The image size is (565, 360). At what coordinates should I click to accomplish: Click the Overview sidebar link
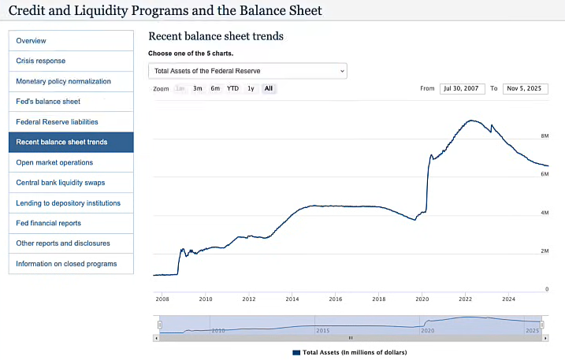tap(31, 41)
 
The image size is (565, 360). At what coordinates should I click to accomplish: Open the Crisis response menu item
tap(41, 61)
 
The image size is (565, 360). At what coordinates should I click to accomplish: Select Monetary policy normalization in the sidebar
tap(63, 81)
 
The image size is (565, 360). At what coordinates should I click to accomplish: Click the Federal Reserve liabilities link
tap(57, 122)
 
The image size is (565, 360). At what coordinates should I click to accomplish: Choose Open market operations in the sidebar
tap(54, 162)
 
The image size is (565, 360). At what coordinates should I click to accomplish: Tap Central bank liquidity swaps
tap(60, 183)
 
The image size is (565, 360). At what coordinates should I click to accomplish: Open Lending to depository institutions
tap(68, 203)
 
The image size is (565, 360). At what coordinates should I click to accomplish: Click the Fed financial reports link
tap(48, 223)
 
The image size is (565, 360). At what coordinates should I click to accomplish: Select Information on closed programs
tap(66, 264)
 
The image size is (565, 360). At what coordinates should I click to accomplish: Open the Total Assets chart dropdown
tap(247, 71)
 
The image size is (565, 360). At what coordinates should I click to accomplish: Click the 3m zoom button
tap(198, 89)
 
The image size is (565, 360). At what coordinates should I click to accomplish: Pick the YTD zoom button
tap(232, 89)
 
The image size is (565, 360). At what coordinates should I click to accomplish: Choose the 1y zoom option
tap(251, 89)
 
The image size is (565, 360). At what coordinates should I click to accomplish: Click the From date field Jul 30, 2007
tap(462, 89)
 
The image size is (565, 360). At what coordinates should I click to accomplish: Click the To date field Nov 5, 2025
tap(524, 89)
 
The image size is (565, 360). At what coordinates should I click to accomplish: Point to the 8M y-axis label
tap(544, 135)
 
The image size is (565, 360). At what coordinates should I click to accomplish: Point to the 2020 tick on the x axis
tap(422, 299)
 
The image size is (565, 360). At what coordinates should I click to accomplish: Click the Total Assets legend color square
tap(296, 352)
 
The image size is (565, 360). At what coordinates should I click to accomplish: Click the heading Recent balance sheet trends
tap(215, 36)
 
